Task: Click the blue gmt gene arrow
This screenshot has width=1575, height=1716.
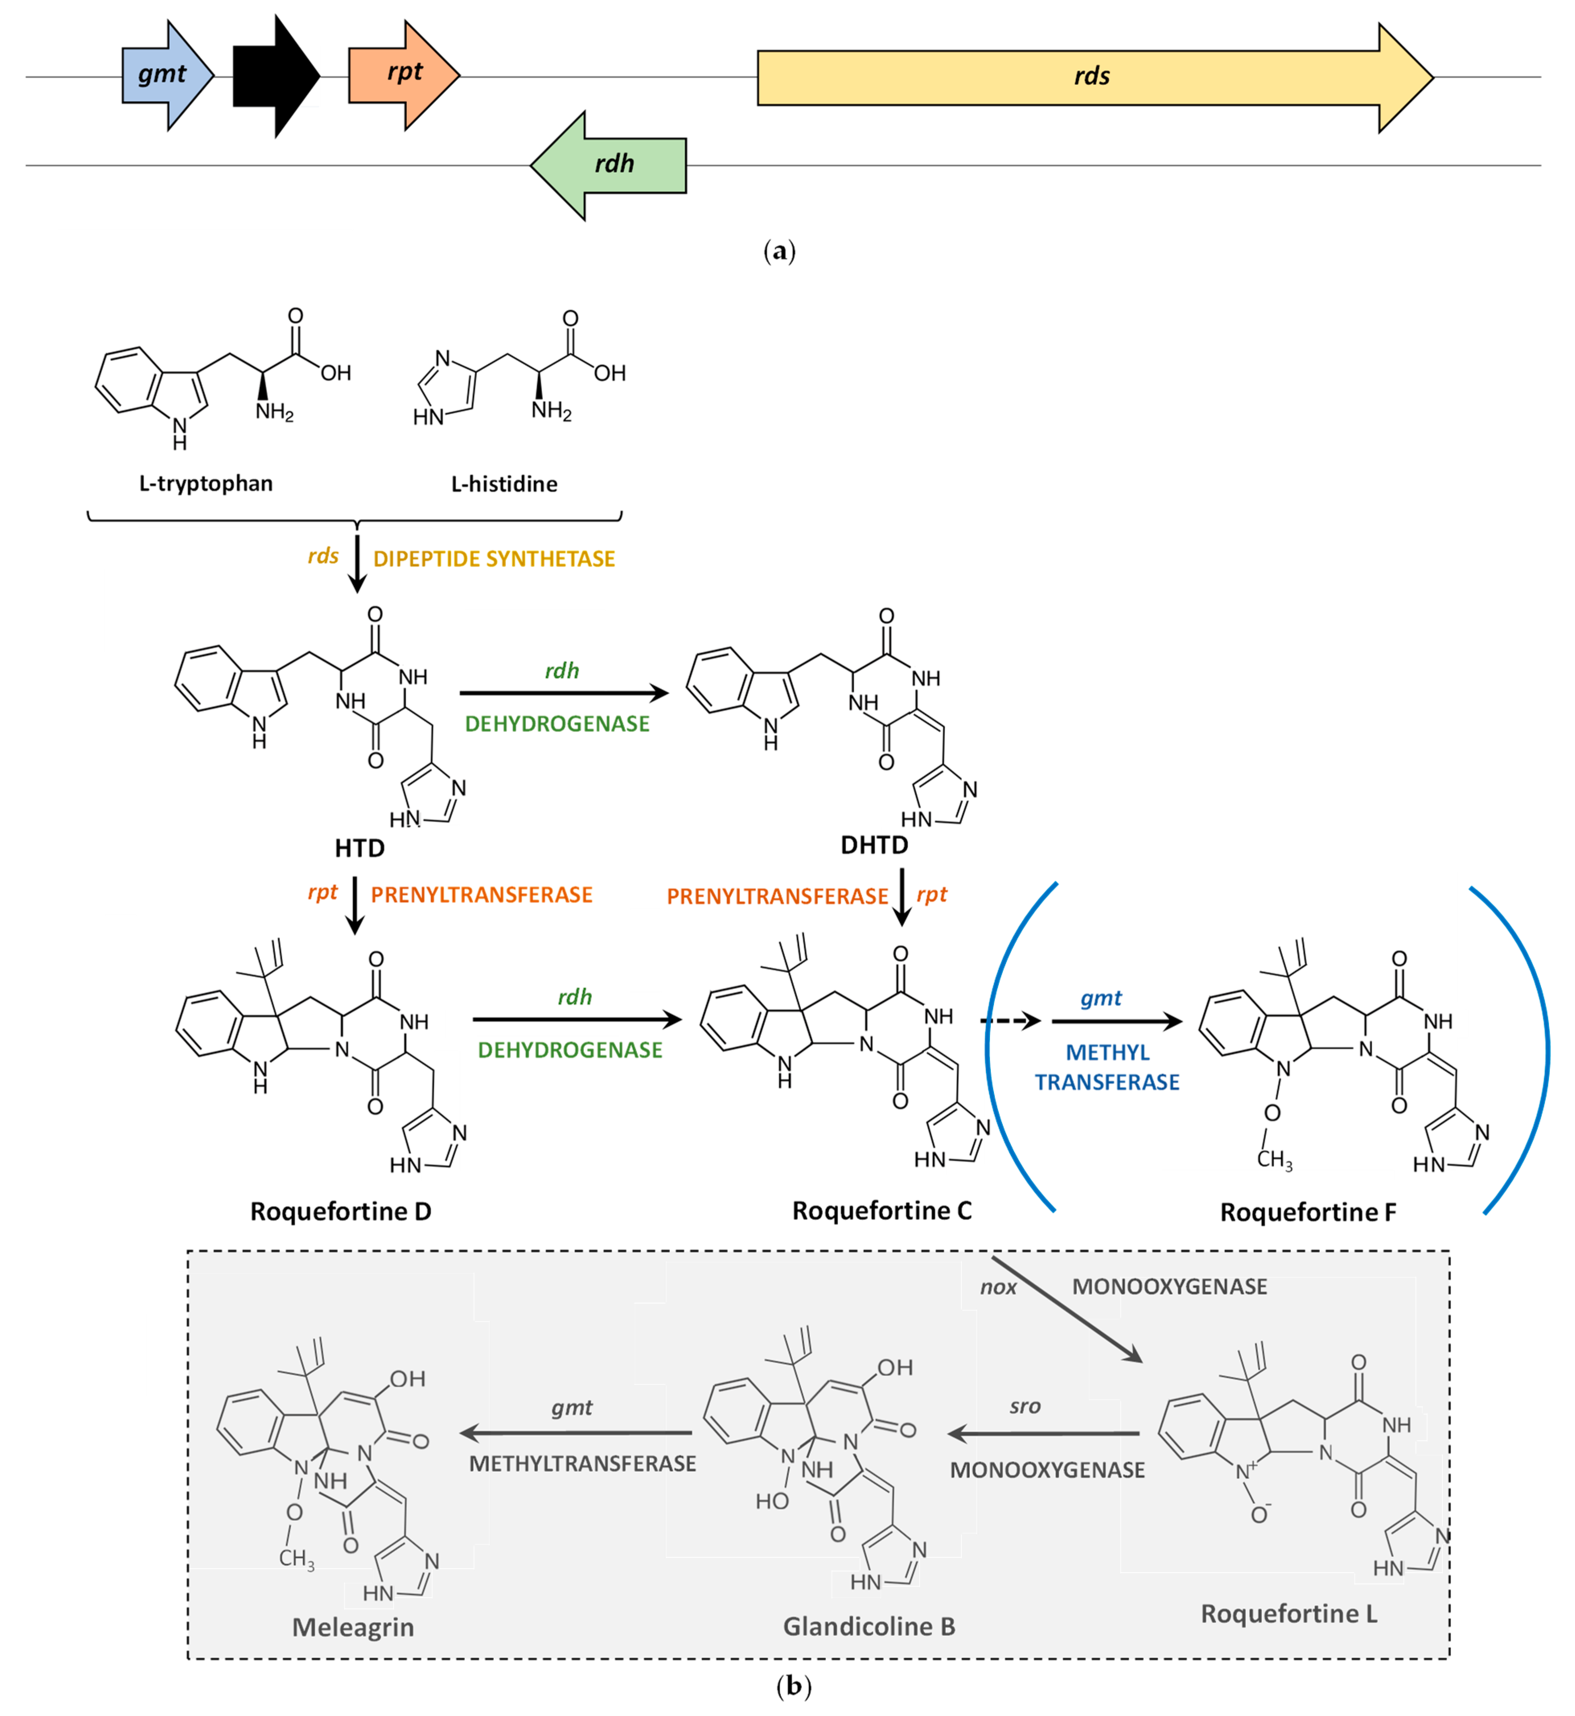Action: point(167,76)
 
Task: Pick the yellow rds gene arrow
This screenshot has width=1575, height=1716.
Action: point(1095,78)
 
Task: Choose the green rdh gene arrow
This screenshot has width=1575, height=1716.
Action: point(608,165)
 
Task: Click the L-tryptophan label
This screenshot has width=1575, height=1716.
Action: point(206,484)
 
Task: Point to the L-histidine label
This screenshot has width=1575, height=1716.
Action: point(505,484)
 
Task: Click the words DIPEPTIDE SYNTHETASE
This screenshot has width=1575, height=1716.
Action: point(494,558)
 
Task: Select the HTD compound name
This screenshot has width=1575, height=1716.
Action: point(359,848)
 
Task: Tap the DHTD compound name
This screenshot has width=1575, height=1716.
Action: point(875,845)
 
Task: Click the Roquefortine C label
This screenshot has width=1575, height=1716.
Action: point(882,1210)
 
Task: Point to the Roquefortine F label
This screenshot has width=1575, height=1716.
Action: point(1308,1212)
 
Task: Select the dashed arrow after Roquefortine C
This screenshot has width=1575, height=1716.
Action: point(1011,1021)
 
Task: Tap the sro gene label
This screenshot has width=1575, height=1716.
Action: point(1025,1406)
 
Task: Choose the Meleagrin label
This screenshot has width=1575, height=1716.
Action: point(353,1628)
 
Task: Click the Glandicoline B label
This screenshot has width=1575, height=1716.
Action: point(869,1626)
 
